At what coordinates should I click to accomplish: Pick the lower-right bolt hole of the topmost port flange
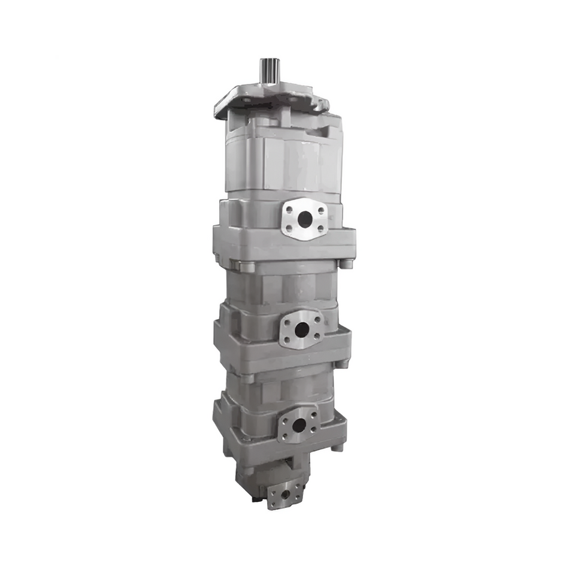tap(321, 228)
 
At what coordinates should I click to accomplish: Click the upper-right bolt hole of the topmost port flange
tap(321, 209)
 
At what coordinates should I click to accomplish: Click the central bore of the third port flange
tap(298, 426)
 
